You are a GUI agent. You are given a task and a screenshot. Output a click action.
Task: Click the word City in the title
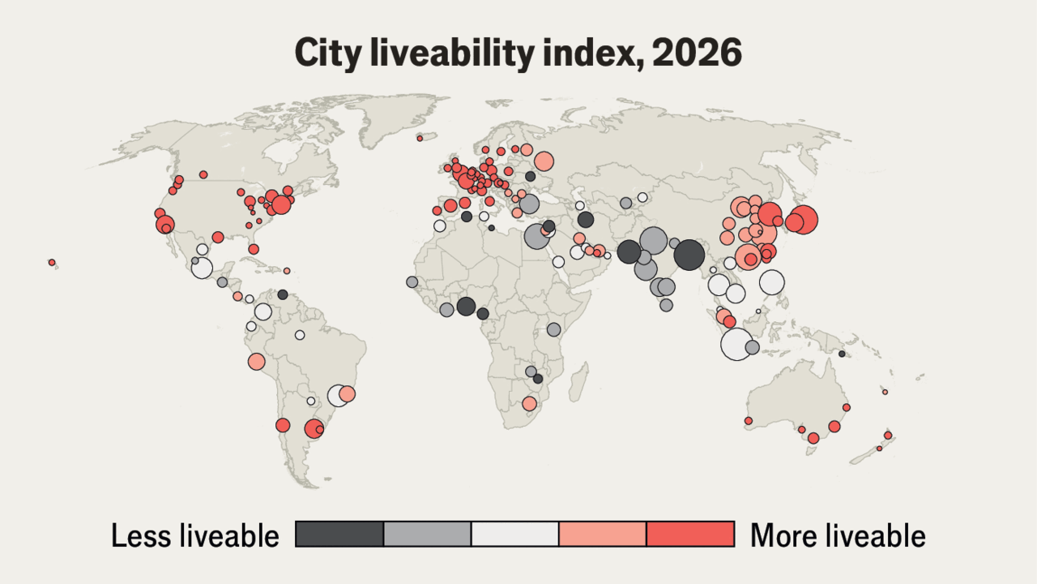(328, 54)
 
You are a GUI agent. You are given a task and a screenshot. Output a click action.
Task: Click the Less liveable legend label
(195, 535)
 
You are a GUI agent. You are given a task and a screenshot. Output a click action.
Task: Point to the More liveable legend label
(838, 535)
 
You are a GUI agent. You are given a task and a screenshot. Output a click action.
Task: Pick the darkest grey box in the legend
(339, 534)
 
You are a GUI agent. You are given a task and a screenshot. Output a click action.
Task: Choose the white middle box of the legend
(514, 534)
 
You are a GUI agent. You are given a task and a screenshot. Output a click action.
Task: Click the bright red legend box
(690, 534)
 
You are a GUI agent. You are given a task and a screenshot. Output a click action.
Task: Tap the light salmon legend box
(602, 534)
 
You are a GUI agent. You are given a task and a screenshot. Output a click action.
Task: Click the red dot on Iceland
(420, 138)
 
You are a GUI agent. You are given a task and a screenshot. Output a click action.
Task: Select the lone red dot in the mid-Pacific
(52, 262)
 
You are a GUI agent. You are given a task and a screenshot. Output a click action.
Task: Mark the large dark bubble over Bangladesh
(689, 255)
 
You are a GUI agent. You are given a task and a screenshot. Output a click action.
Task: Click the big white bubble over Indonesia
(736, 344)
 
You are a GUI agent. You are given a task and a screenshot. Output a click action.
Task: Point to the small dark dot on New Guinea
(842, 354)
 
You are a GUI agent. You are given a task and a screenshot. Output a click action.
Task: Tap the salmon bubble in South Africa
(529, 404)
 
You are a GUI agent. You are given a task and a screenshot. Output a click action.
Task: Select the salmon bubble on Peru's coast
(256, 361)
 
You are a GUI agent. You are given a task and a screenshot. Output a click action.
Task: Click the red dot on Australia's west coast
(748, 421)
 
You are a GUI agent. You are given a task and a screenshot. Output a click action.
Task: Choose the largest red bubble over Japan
(804, 219)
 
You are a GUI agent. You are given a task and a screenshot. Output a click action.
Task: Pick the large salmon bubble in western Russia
(544, 161)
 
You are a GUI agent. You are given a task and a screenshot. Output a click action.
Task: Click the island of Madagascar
(578, 382)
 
